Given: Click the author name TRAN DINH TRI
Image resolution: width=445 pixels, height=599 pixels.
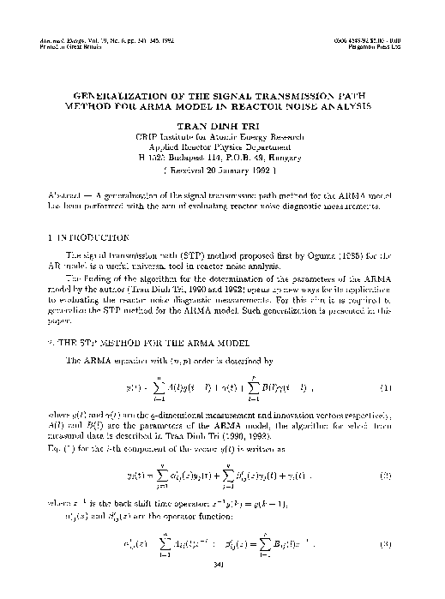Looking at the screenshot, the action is tap(222, 125).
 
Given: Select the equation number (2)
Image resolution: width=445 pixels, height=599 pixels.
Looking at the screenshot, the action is tap(387, 473).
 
